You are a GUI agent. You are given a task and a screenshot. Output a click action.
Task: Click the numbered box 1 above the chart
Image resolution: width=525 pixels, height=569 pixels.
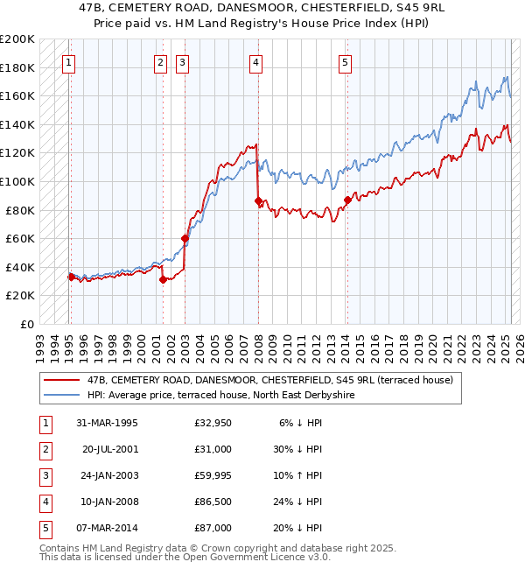coord(68,62)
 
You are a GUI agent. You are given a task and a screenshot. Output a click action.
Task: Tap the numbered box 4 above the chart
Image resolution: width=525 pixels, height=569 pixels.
coord(255,62)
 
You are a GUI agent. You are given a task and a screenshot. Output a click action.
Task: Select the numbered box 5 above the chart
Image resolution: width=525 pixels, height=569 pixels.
coord(346,62)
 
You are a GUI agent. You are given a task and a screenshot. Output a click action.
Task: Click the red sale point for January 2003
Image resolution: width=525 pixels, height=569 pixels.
coord(185,238)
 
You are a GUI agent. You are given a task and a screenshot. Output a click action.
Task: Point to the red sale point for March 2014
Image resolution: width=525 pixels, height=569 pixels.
coord(347,200)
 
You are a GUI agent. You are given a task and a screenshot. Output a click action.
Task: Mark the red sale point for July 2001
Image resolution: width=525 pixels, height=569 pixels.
coord(163,280)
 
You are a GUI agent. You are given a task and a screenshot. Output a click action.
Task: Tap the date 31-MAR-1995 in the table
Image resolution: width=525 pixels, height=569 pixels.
coord(108,424)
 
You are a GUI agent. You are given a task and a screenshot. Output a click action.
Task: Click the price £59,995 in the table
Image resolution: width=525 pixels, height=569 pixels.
coord(213,475)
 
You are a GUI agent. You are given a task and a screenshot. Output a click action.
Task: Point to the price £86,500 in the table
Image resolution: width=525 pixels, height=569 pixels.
coord(213,502)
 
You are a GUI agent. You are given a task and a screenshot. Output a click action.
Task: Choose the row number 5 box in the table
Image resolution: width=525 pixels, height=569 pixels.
coord(45,528)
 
